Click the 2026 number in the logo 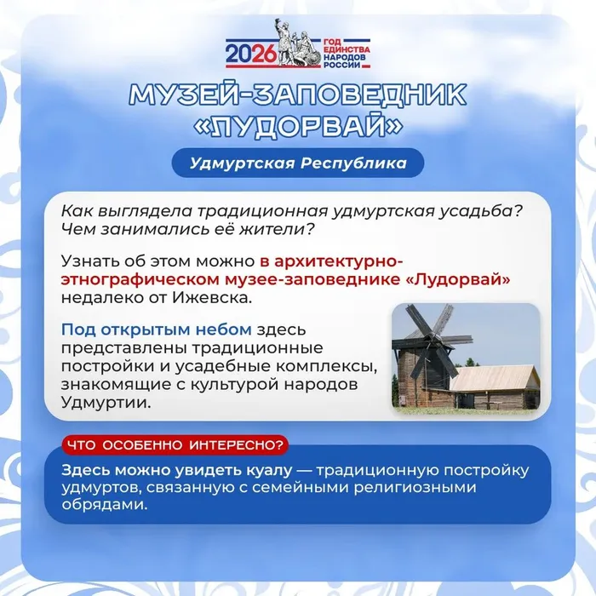pos(250,54)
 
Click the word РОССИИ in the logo pos(341,65)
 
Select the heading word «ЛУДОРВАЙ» pos(298,126)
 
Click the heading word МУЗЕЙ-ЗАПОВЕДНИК pos(298,95)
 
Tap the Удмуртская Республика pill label pos(298,163)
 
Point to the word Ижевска pos(213,298)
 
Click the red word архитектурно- pos(338,261)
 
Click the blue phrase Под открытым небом pos(156,330)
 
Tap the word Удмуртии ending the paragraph pos(106,403)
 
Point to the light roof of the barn pos(495,378)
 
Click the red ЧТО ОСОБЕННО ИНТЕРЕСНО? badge pos(175,445)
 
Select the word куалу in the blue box pos(269,471)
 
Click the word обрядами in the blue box pos(104,505)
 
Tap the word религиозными pos(415,488)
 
